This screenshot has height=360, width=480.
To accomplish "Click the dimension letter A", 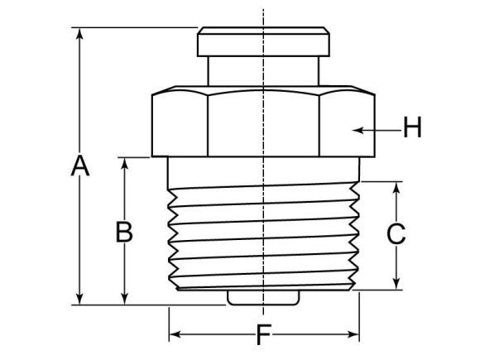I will click(x=79, y=166).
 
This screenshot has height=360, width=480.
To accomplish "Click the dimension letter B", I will click(x=124, y=232).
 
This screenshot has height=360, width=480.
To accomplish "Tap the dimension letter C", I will click(x=396, y=234).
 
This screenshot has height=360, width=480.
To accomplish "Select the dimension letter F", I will click(x=263, y=335).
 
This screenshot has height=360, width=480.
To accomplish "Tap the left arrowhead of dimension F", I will click(x=174, y=335).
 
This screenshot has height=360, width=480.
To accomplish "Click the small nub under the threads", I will click(x=263, y=296).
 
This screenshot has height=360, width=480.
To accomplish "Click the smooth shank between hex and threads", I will click(x=263, y=170).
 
